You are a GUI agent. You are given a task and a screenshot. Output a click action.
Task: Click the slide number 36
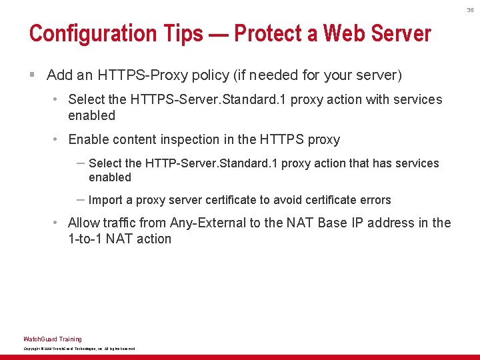470,10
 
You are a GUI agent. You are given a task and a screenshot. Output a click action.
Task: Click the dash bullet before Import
80,199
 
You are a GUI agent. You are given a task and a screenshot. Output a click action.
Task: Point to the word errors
375,200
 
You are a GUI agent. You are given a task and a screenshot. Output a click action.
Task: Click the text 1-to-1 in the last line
86,239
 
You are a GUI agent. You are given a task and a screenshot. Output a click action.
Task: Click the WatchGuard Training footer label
53,339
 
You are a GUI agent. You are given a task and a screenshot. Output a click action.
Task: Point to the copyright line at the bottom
79,349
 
